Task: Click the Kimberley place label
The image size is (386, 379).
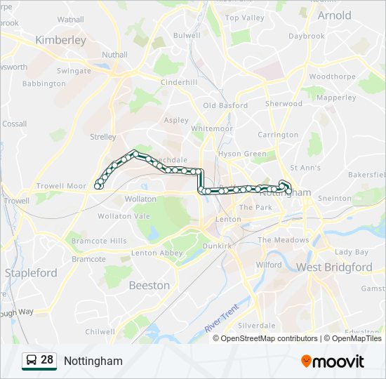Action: pyautogui.click(x=60, y=40)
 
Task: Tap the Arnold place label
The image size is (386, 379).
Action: pyautogui.click(x=334, y=15)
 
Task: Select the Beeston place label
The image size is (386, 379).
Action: pyautogui.click(x=149, y=285)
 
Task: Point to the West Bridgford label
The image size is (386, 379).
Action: pyautogui.click(x=334, y=267)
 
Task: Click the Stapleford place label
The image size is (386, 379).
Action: pyautogui.click(x=31, y=272)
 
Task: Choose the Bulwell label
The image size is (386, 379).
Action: pyautogui.click(x=187, y=34)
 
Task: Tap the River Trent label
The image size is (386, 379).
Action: pyautogui.click(x=222, y=318)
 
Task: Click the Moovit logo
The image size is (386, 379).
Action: pyautogui.click(x=333, y=361)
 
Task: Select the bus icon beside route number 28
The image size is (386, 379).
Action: pyautogui.click(x=31, y=360)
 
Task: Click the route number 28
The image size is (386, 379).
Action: pyautogui.click(x=47, y=360)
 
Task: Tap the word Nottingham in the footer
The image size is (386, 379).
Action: pyautogui.click(x=93, y=361)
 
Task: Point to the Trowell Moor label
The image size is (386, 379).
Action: pyautogui.click(x=61, y=186)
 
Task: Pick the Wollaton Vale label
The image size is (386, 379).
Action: pyautogui.click(x=124, y=216)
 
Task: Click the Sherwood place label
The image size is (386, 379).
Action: pyautogui.click(x=284, y=104)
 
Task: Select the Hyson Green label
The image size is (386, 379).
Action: pyautogui.click(x=242, y=154)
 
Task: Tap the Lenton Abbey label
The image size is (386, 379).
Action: pyautogui.click(x=157, y=253)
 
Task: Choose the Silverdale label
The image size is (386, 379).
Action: pyautogui.click(x=256, y=326)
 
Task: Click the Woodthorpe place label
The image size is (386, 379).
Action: pyautogui.click(x=329, y=76)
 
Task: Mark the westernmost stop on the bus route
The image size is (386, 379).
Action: pyautogui.click(x=98, y=186)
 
